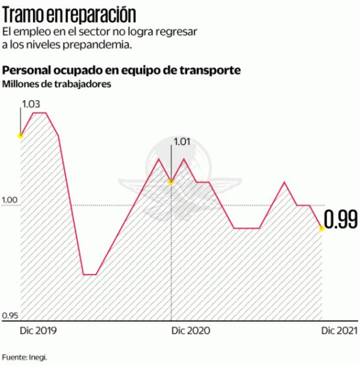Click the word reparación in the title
(94, 13)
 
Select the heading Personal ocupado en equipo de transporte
(121, 70)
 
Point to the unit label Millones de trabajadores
(57, 84)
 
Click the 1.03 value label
(31, 104)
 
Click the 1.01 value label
(181, 141)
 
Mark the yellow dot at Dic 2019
(21, 135)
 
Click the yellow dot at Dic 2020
(171, 182)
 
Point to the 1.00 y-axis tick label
(10, 201)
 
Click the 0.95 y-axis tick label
(10, 316)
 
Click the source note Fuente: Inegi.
(24, 357)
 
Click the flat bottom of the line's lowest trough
(90, 274)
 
